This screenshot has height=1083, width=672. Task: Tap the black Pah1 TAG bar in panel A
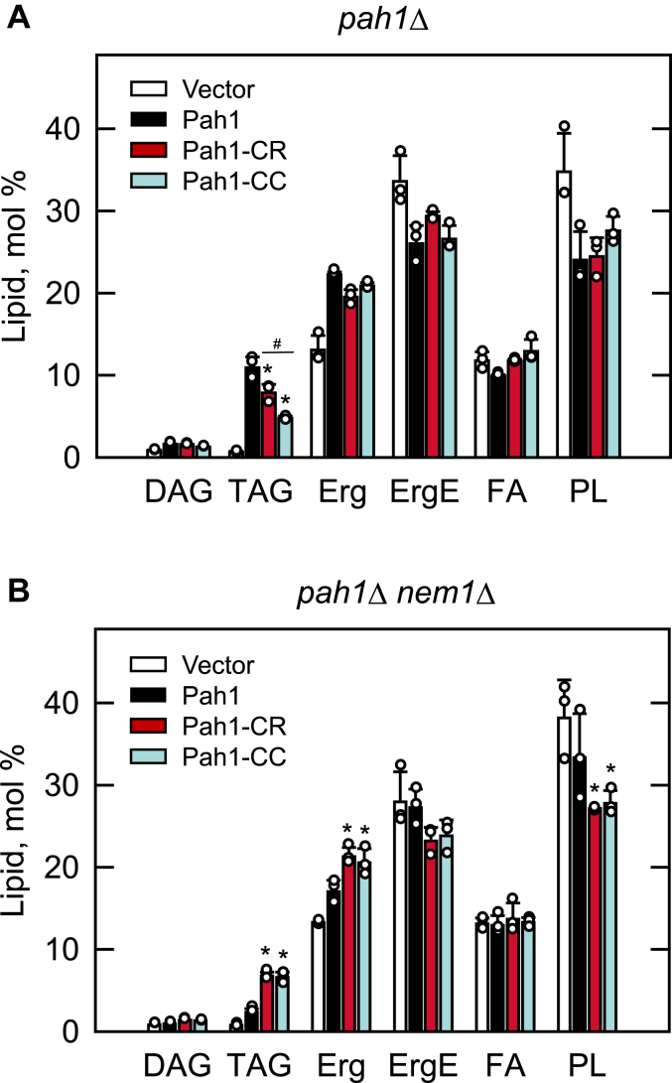[253, 412]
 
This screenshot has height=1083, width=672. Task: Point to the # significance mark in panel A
[278, 344]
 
